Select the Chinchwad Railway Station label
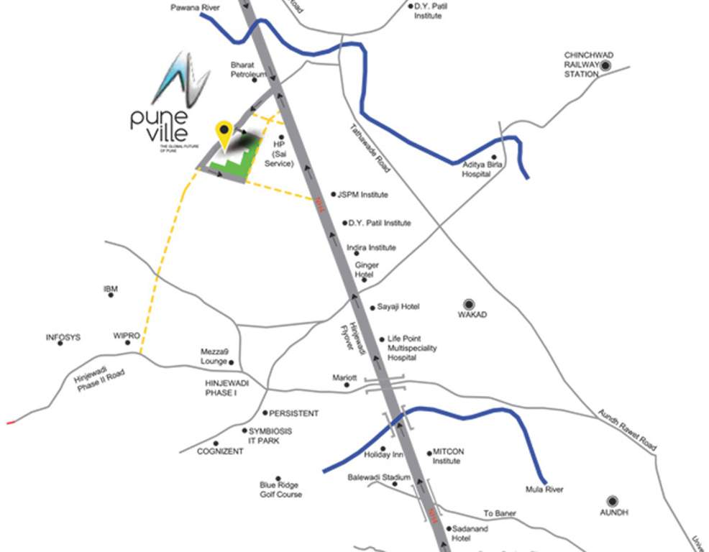pyautogui.click(x=581, y=65)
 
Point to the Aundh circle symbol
pyautogui.click(x=613, y=500)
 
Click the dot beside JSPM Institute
pyautogui.click(x=333, y=194)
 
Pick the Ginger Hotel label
pyautogui.click(x=367, y=270)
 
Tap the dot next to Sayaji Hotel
pyautogui.click(x=372, y=308)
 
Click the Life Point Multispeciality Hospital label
pyautogui.click(x=412, y=348)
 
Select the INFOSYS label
pyautogui.click(x=63, y=337)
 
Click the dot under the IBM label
pyautogui.click(x=111, y=295)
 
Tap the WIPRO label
pyautogui.click(x=127, y=336)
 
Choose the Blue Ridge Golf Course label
pyautogui.click(x=280, y=489)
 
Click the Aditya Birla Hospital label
pyautogui.click(x=480, y=169)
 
